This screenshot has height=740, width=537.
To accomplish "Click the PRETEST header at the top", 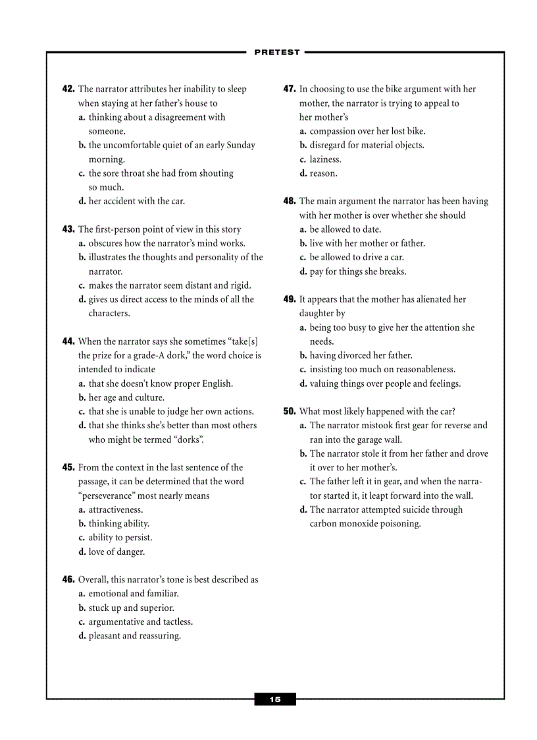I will (276, 52).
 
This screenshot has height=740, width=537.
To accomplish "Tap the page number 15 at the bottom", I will (275, 699).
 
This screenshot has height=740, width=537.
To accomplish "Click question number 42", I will (68, 89).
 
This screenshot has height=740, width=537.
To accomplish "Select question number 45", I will (68, 467).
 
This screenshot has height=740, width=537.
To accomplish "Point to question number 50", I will (290, 411).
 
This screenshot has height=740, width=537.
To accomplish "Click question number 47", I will (290, 89).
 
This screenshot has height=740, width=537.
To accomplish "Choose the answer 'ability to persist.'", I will (120, 538).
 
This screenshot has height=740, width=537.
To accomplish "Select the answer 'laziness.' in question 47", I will (325, 159).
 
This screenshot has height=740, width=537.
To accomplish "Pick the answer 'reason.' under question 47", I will (323, 173).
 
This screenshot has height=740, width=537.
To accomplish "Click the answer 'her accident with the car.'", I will (136, 201).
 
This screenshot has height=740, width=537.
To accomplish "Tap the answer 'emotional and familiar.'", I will (133, 594).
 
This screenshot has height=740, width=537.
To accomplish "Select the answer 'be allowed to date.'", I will (345, 229).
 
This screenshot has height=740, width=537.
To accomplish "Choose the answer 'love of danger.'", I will (116, 552).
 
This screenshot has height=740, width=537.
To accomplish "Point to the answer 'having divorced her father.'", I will (361, 355).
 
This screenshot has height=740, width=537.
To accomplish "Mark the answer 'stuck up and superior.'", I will (131, 608).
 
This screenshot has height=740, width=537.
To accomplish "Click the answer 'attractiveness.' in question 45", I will (115, 509).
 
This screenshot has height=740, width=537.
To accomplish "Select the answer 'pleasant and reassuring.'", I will (134, 636).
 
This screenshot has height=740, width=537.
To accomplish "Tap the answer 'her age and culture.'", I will (126, 397).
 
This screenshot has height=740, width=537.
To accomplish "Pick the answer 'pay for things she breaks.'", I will (358, 271).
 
